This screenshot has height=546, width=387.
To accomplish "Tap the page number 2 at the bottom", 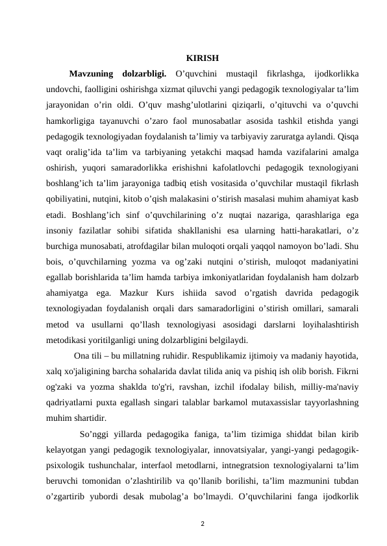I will (x=202, y=522).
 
